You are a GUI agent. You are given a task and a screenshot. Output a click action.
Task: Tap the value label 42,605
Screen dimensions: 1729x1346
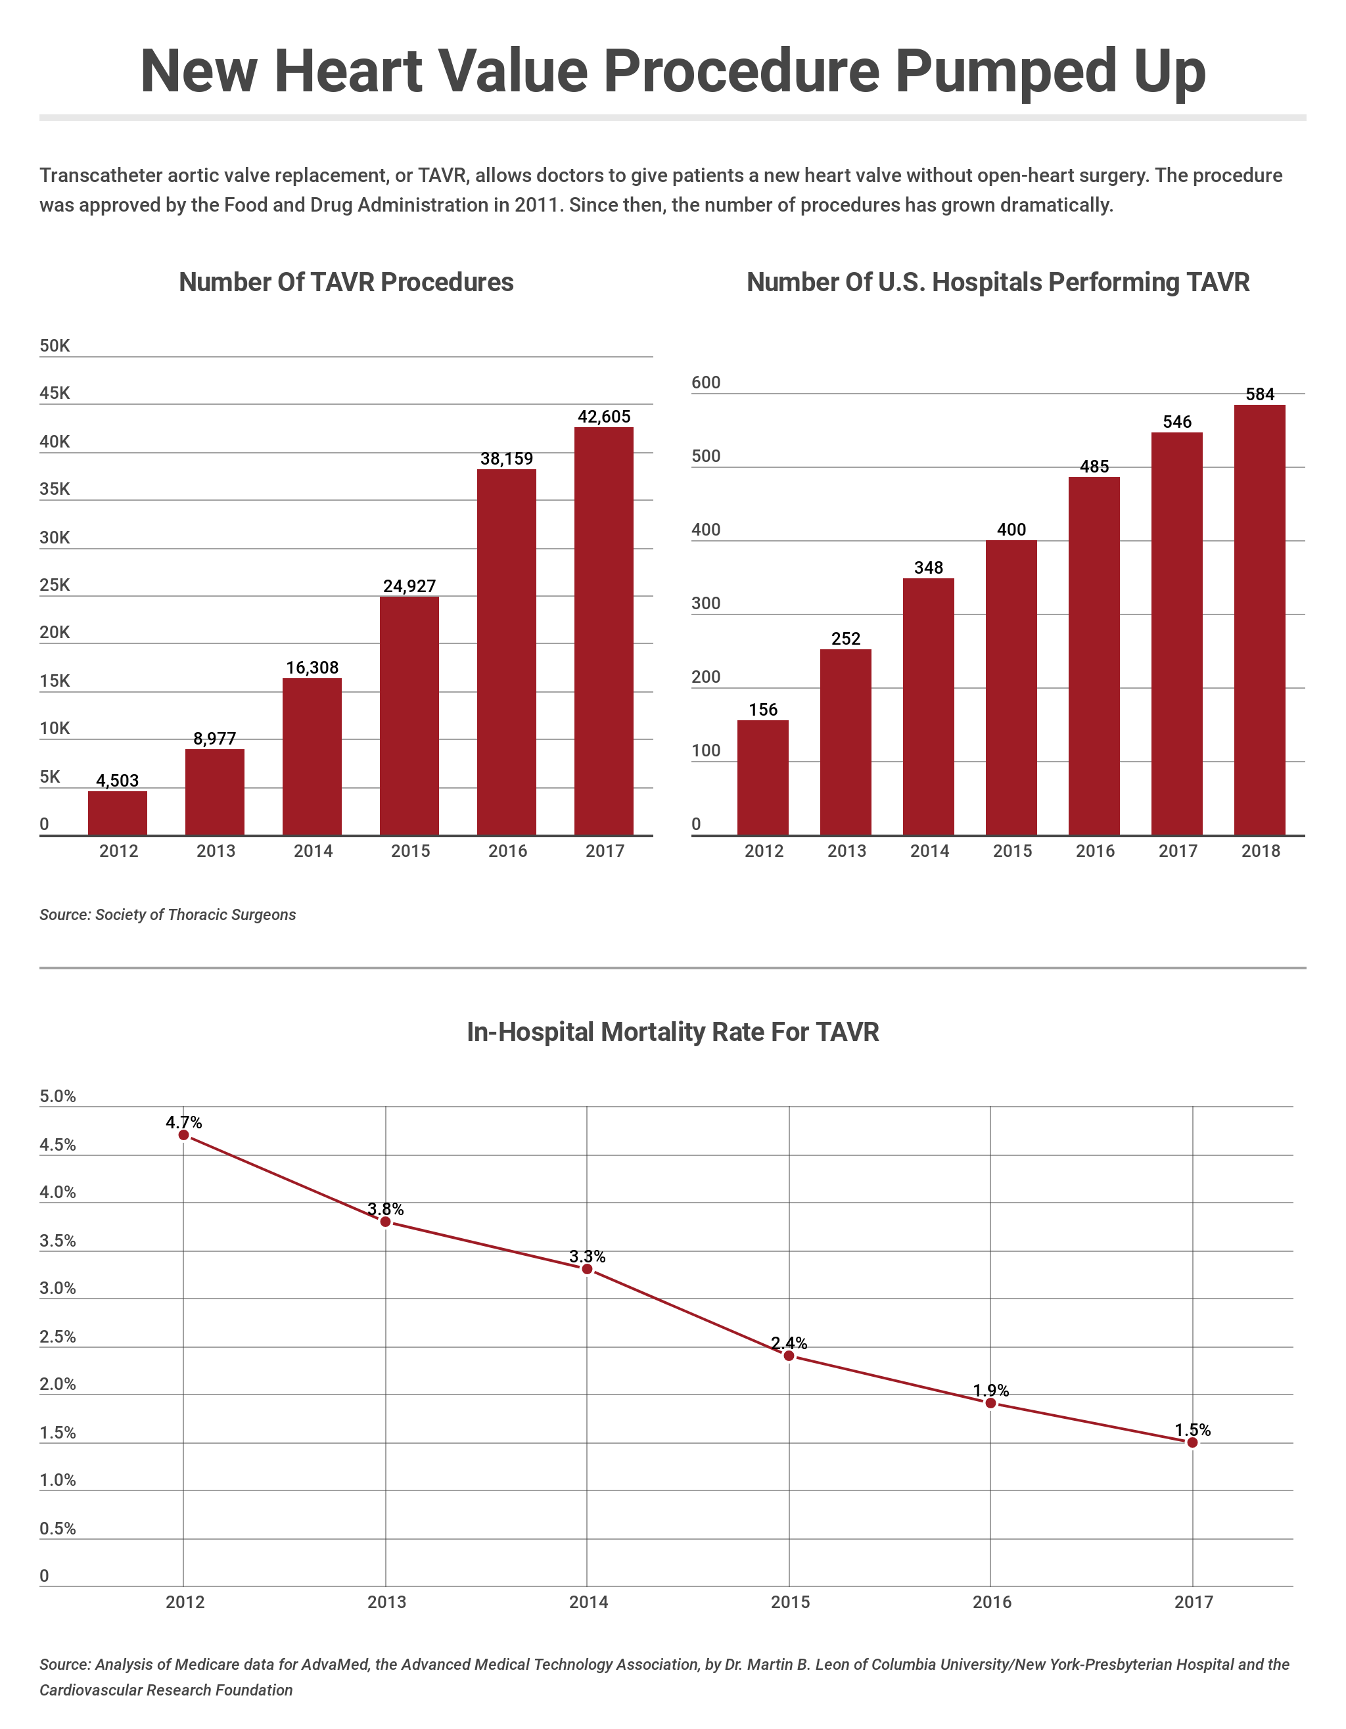coord(604,417)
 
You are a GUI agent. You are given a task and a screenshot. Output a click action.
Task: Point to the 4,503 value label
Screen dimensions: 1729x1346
coord(117,781)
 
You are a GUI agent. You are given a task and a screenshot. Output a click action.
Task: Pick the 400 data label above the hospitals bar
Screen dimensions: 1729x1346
coord(1011,530)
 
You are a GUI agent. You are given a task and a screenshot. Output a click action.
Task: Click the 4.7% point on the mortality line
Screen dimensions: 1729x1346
coord(183,1135)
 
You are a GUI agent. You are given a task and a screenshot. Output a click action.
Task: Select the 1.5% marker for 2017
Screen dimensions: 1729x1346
coord(1192,1442)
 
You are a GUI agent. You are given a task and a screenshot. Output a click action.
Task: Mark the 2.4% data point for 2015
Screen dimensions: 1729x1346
coord(789,1356)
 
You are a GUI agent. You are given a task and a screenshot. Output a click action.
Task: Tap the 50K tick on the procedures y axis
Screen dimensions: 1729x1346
coord(55,346)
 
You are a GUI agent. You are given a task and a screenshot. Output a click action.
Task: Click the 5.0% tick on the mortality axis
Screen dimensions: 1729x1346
coord(58,1096)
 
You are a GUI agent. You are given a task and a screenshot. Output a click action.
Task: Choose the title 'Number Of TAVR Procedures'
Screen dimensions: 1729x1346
coord(346,283)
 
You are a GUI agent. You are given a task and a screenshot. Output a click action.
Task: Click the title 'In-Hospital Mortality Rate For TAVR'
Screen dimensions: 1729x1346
coord(672,1032)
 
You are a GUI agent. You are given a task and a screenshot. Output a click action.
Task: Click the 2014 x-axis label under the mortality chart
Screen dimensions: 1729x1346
coord(588,1602)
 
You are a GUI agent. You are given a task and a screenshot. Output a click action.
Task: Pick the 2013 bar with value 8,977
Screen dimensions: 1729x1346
coord(214,792)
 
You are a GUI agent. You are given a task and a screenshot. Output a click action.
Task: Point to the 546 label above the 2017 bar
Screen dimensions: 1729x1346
coord(1176,422)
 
